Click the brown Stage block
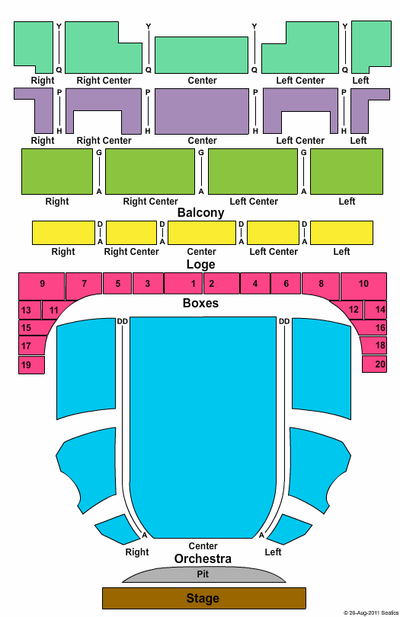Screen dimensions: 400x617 coord(203,598)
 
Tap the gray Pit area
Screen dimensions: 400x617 coord(203,574)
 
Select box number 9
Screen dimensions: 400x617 coord(42,286)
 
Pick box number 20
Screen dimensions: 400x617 coord(374,364)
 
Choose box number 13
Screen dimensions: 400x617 coord(30,310)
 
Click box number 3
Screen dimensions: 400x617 coord(148,283)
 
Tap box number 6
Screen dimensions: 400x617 coord(286,283)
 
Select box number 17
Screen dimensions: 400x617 coord(30,345)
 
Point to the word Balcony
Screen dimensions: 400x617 coord(200,212)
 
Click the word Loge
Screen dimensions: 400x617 coord(200,265)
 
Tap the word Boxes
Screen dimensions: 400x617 coord(200,303)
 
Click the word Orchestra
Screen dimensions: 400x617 coord(203,558)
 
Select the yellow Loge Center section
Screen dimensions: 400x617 coord(202,233)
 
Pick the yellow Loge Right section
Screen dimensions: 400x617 coord(63,233)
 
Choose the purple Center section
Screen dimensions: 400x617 coord(202,111)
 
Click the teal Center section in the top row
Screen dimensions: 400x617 coord(202,55)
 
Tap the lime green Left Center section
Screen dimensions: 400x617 coord(253,172)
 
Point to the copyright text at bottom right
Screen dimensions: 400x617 coord(371,612)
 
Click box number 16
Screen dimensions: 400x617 coord(374,327)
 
